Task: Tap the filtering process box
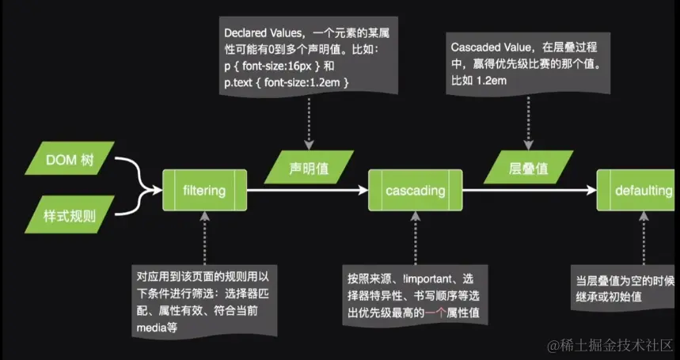(x=204, y=190)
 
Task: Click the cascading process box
(x=415, y=190)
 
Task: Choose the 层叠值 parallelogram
(x=527, y=167)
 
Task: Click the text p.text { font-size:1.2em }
(x=287, y=82)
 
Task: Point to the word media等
(x=154, y=327)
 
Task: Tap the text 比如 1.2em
(x=477, y=81)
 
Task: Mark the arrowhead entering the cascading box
(x=363, y=190)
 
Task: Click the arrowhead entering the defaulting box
(x=591, y=190)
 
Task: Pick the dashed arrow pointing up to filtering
(x=204, y=237)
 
